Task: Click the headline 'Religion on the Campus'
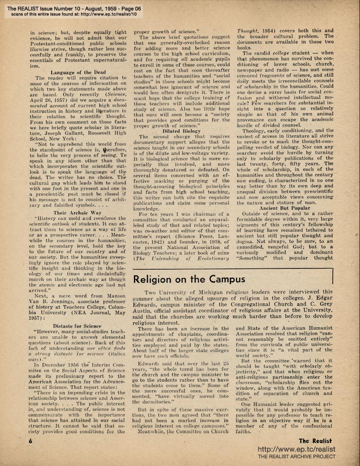tap(189, 279)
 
